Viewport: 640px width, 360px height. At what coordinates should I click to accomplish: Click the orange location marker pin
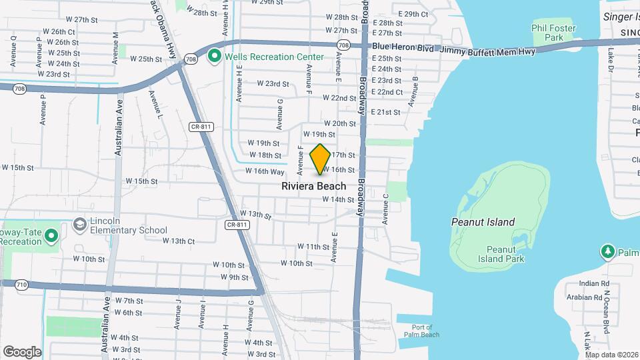321,159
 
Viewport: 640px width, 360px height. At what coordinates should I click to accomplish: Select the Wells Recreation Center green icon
215,57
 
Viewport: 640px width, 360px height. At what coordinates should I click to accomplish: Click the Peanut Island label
483,222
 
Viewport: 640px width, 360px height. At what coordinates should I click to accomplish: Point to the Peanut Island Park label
501,254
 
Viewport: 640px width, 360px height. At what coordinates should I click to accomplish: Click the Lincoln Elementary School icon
79,225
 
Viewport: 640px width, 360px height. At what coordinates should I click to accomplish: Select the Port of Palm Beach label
422,331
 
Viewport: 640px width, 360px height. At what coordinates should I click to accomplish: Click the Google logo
22,351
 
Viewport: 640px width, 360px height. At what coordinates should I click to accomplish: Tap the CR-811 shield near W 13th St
237,225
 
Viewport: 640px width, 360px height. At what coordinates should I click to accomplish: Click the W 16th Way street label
265,171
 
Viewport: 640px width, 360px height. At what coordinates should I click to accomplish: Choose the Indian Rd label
594,283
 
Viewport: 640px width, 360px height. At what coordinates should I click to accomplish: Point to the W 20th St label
340,123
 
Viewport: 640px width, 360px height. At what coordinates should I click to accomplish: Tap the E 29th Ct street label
413,14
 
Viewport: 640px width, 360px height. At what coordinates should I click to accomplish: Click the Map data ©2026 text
611,354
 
